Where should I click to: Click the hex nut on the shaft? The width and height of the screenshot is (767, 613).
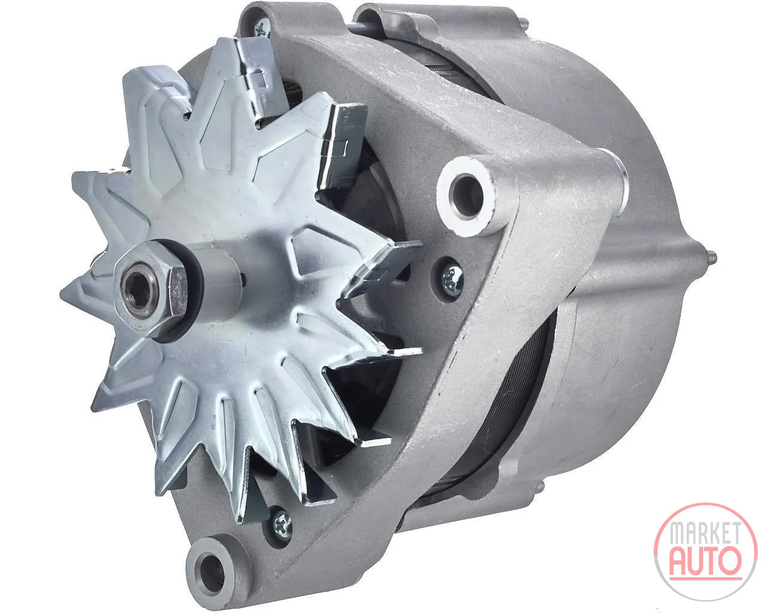(152, 288)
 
